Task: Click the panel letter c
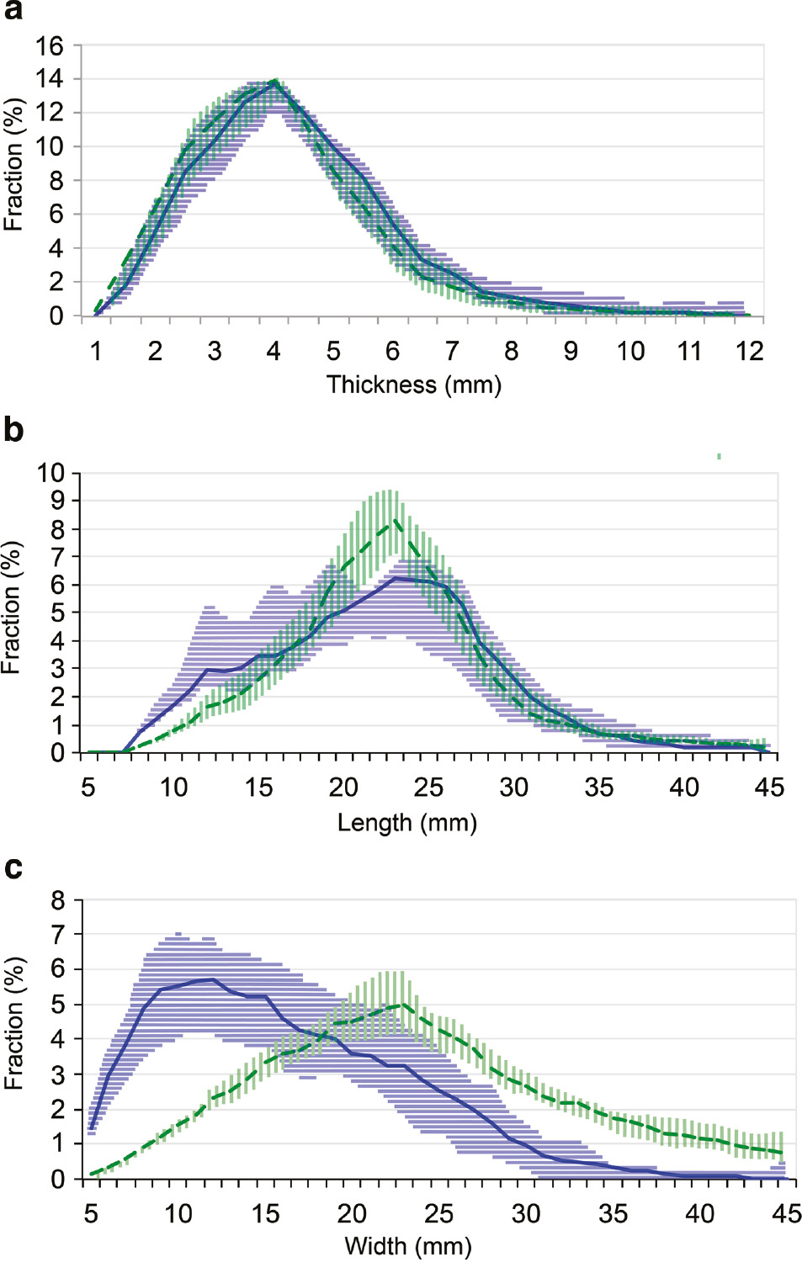[x=13, y=867]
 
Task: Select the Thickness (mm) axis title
[x=413, y=385]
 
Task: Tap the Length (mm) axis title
[x=406, y=822]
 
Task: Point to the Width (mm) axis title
[x=408, y=1246]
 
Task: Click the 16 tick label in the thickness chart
[x=49, y=45]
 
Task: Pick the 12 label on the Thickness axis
[x=748, y=351]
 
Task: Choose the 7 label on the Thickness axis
[x=452, y=351]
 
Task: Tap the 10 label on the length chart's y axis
[x=50, y=473]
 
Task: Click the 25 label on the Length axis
[x=428, y=788]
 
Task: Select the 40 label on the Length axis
[x=683, y=788]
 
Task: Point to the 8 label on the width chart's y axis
[x=57, y=900]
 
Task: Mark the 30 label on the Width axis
[x=525, y=1213]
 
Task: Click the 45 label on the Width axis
[x=786, y=1213]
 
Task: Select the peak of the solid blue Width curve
[x=212, y=979]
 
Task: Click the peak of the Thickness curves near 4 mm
[x=274, y=82]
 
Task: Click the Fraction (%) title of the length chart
[x=12, y=607]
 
